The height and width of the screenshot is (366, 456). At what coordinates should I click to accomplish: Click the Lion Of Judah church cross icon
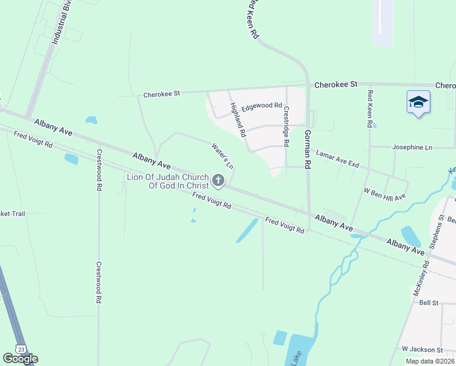(x=218, y=181)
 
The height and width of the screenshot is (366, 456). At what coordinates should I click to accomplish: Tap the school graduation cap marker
(x=418, y=102)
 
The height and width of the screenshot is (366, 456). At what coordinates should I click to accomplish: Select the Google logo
(x=20, y=359)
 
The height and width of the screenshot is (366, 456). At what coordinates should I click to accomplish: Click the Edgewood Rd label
(x=262, y=106)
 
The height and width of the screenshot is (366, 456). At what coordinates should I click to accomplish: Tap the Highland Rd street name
(x=238, y=119)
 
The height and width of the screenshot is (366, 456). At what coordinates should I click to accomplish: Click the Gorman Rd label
(x=308, y=149)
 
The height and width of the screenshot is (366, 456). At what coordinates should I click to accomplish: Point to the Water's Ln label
(x=223, y=156)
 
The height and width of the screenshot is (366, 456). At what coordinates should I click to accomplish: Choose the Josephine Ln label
(x=412, y=148)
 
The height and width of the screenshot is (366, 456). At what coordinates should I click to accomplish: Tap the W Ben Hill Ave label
(x=385, y=194)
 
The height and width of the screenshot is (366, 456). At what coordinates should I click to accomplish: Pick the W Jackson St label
(x=422, y=350)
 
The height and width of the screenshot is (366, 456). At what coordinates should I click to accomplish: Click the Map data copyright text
(x=430, y=361)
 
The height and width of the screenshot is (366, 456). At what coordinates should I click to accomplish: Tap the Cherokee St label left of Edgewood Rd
(x=162, y=95)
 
